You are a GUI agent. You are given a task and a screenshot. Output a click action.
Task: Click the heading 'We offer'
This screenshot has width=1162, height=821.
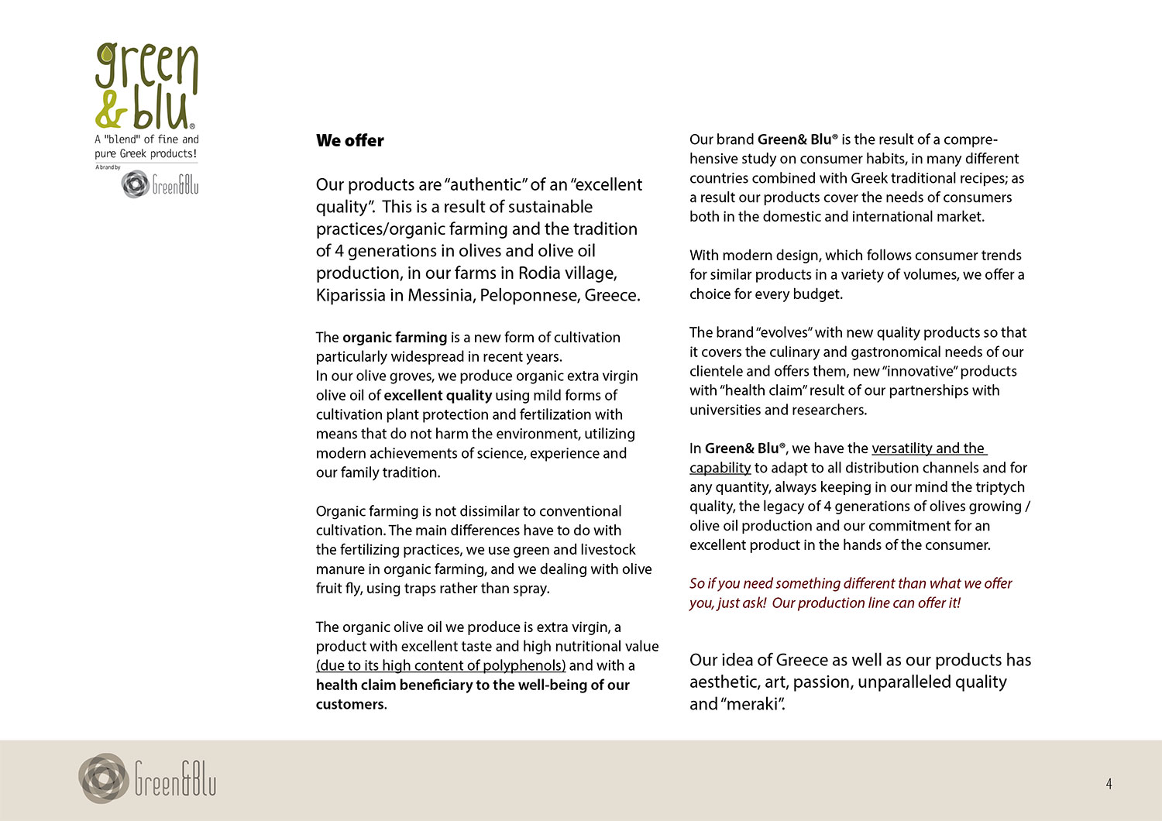coord(350,141)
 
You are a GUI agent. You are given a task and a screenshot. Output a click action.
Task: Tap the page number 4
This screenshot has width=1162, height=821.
coord(1109,785)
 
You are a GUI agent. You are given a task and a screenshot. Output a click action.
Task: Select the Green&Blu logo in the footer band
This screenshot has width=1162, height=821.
coord(147,778)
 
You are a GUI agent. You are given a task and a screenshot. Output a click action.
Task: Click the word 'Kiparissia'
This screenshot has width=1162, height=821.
coord(353,295)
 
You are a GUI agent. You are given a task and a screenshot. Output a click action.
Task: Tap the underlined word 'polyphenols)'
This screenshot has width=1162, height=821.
coord(524,666)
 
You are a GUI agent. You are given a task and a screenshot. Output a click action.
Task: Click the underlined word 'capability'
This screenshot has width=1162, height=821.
coord(720,468)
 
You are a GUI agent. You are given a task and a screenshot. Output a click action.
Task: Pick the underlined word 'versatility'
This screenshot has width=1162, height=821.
coord(902,448)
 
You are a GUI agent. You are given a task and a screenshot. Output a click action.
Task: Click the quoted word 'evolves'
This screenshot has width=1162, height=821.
coord(784,332)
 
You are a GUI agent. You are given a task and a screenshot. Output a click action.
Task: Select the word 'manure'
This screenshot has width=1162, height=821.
coord(342,569)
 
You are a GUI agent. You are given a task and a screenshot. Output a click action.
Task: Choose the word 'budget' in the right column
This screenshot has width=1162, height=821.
coord(818,294)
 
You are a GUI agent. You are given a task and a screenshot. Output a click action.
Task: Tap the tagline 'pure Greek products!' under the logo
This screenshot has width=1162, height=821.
coord(146,153)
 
